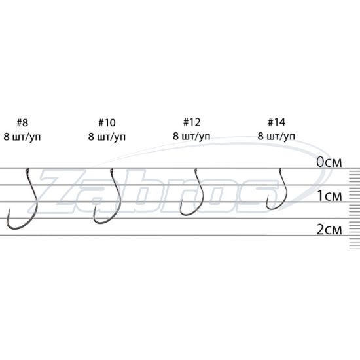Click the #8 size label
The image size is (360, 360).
[x=22, y=123]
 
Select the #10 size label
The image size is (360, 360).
[x=107, y=123]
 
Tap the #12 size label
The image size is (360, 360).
[x=192, y=122]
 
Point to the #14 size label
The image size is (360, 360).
[x=277, y=122]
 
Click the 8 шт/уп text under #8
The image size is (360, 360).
[x=22, y=137]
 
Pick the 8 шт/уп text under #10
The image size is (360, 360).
[x=107, y=137]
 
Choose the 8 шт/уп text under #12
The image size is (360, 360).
[x=192, y=136]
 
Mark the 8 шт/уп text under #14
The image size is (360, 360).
[x=276, y=136]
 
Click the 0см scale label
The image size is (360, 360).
[x=329, y=162]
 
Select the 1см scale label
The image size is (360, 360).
[x=330, y=196]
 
